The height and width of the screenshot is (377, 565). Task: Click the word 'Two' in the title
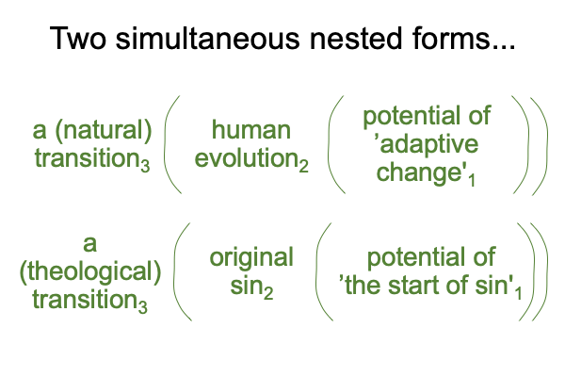point(78,38)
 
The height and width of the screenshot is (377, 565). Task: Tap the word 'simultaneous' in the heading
point(207,38)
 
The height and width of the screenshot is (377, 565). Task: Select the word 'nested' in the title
point(356,38)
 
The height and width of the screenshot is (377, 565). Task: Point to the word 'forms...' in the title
point(463,38)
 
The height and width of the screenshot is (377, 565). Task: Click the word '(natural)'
point(104,131)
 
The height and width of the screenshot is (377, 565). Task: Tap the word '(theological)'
point(90,272)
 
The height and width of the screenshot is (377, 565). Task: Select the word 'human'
point(251,130)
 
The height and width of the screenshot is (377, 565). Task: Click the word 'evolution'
point(247,158)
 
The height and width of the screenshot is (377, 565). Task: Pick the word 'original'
point(251,258)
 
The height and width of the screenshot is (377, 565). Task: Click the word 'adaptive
point(428,145)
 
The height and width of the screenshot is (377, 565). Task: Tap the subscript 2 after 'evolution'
point(304,166)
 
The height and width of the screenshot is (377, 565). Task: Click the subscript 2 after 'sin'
point(268,292)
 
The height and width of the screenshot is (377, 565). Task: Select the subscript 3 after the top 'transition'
point(145,166)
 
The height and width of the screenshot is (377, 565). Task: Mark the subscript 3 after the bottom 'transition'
point(143,306)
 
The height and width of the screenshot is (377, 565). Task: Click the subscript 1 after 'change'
point(472,180)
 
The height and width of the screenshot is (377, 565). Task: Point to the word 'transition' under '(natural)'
point(88,158)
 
